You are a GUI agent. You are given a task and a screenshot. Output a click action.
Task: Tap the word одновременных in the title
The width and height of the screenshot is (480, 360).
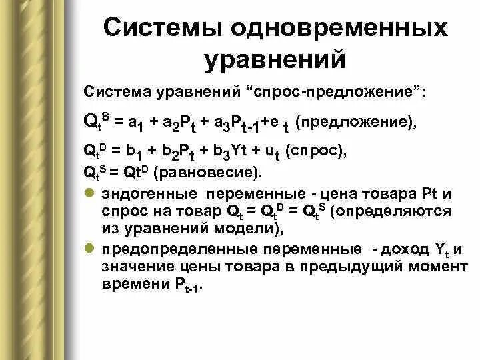pos(337,29)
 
